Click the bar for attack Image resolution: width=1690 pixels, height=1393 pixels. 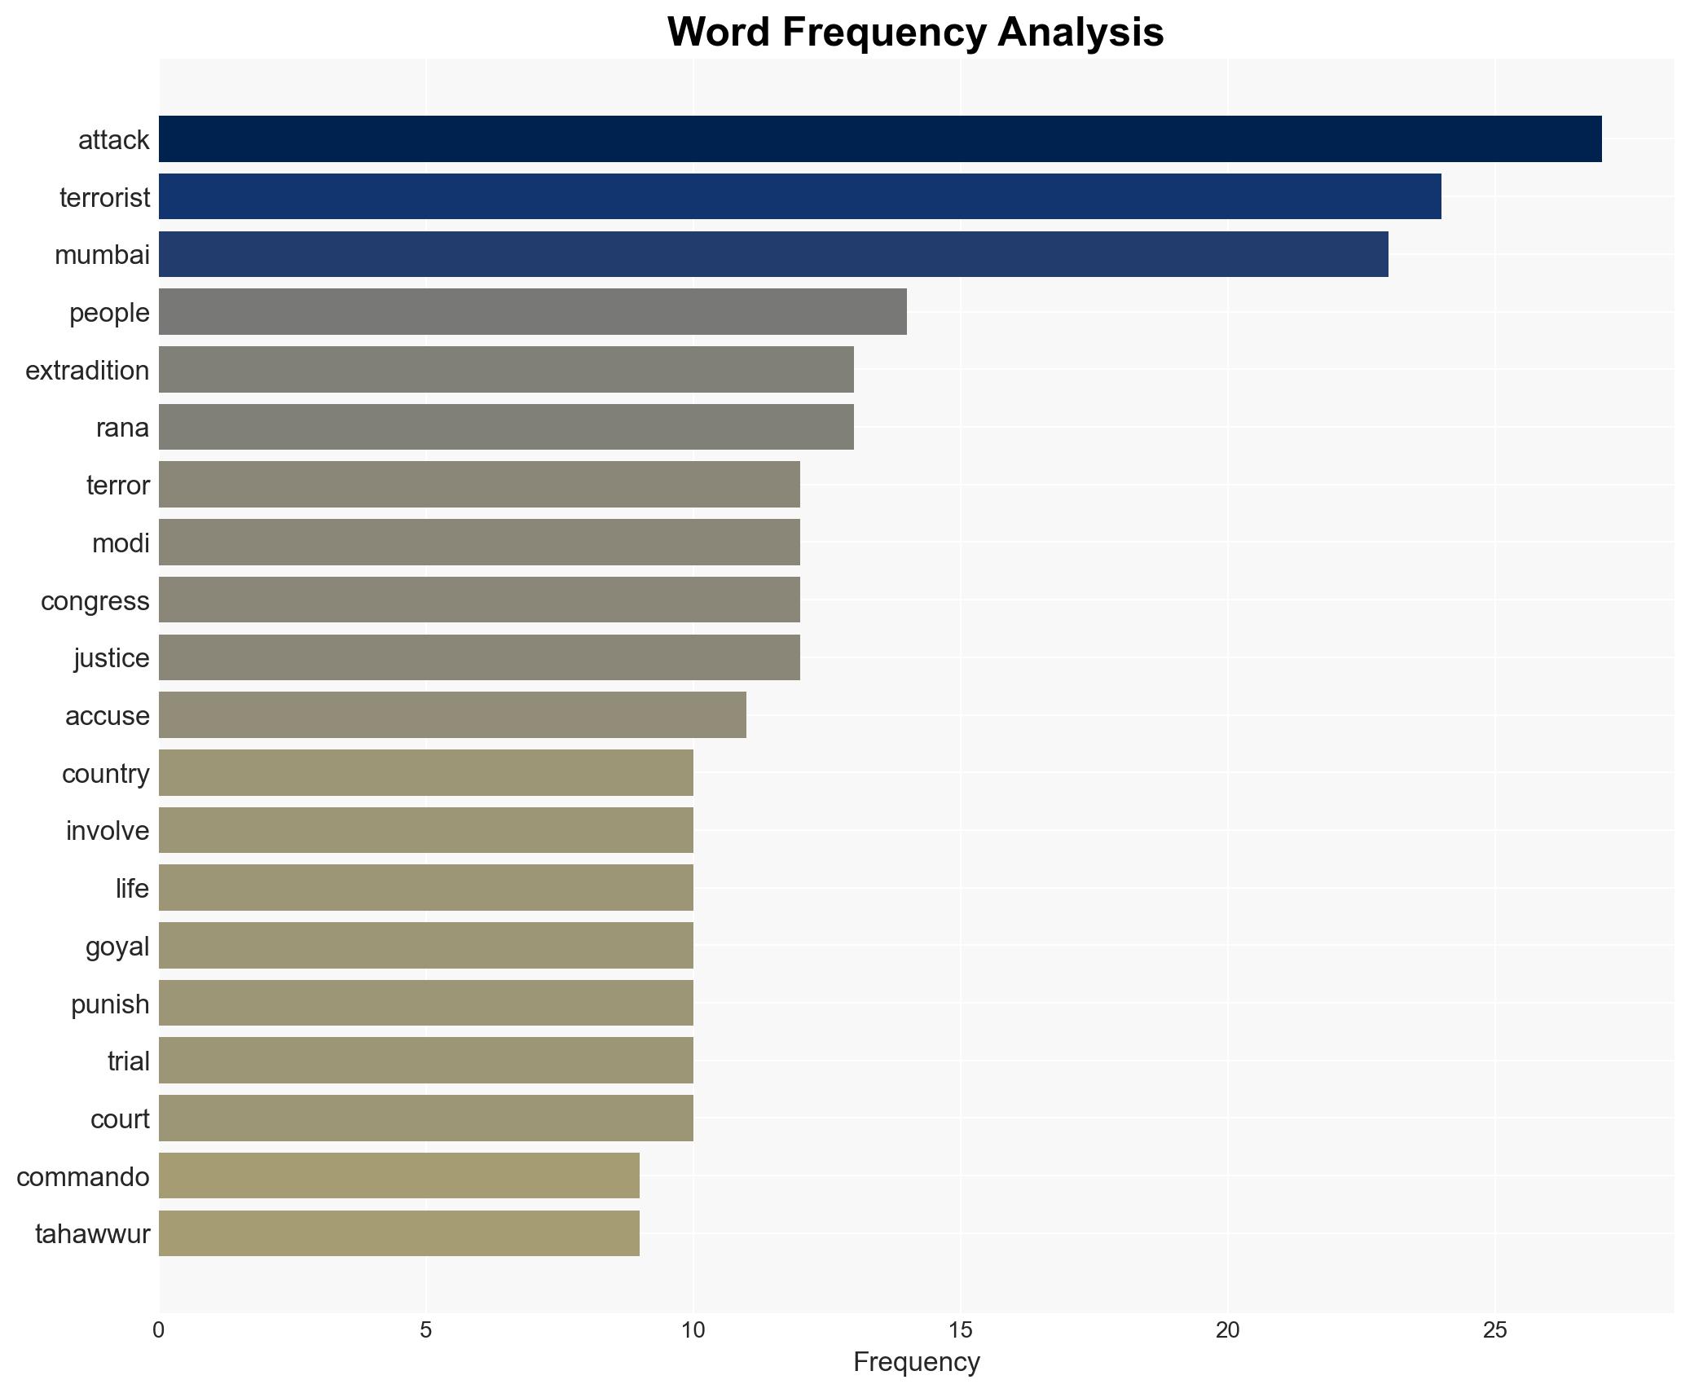pos(880,139)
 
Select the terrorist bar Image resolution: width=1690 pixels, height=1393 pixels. pos(799,196)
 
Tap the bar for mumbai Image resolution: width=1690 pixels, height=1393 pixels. pos(773,254)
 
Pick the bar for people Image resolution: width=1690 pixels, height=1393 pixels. pos(532,312)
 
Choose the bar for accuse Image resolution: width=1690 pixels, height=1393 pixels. pos(452,715)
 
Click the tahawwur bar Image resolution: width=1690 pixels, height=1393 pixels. pos(398,1233)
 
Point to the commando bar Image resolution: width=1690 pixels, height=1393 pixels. pos(398,1175)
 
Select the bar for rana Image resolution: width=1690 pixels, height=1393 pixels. pos(506,427)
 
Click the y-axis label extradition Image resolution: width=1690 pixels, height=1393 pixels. pos(87,371)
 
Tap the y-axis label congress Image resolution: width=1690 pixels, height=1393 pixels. pos(95,601)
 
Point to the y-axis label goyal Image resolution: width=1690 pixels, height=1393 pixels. pos(117,947)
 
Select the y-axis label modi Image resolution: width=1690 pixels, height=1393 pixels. pos(121,543)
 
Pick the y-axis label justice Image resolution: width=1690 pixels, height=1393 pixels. pos(112,658)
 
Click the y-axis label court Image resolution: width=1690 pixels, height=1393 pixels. pos(120,1119)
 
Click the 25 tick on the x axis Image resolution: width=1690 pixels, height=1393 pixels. pos(1494,1330)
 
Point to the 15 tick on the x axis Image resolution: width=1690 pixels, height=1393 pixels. pos(960,1330)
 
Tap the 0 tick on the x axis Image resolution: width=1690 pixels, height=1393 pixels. pos(158,1330)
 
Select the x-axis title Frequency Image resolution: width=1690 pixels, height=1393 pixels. pos(916,1362)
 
